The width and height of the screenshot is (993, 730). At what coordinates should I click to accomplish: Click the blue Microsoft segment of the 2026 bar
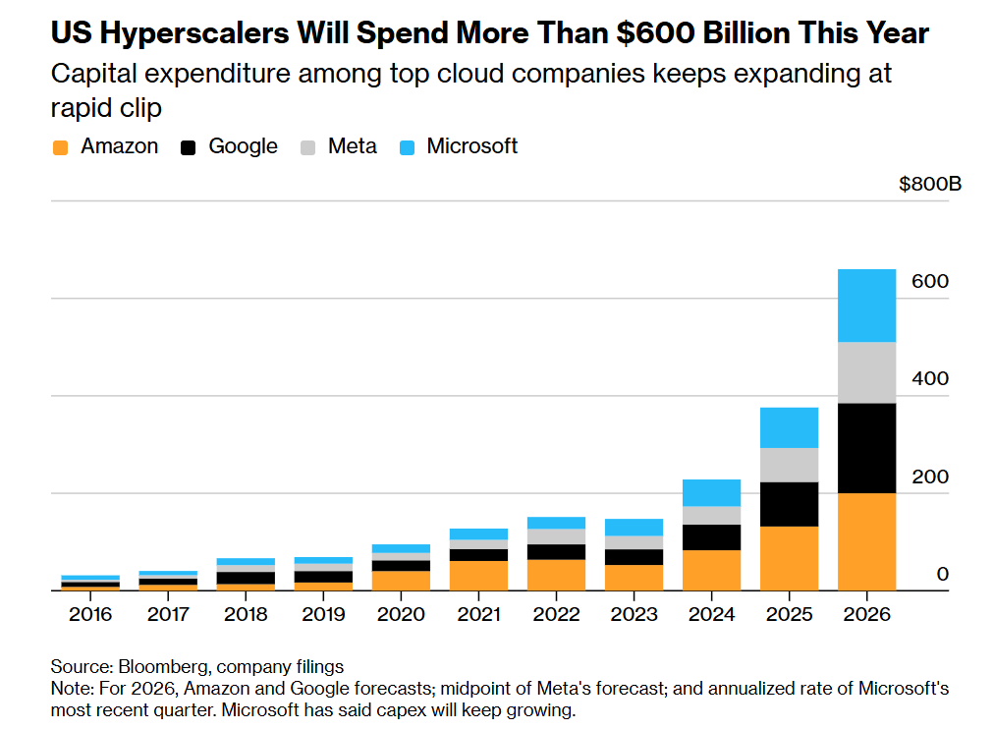pos(866,306)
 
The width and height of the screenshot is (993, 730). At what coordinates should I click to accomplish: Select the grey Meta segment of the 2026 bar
pos(866,372)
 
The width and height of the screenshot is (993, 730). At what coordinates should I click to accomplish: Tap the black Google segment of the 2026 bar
pos(866,448)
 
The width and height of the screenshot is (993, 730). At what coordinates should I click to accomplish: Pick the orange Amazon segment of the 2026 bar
pos(866,541)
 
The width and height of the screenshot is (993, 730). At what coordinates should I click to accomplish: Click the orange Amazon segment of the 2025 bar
pos(789,558)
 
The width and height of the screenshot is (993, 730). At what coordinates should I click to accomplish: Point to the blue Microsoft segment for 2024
pos(711,492)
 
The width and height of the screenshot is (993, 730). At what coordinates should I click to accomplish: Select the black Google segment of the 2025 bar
pos(789,504)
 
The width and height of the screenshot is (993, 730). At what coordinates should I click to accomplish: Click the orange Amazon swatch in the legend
pos(61,147)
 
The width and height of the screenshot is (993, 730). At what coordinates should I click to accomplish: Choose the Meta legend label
pos(352,146)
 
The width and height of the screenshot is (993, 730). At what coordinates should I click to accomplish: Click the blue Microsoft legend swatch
pos(408,147)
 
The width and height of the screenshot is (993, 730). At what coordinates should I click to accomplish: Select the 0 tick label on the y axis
pos(942,574)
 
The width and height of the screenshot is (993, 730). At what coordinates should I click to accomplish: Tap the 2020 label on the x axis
pos(401,614)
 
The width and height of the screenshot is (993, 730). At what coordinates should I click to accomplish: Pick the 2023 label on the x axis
pos(634,614)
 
